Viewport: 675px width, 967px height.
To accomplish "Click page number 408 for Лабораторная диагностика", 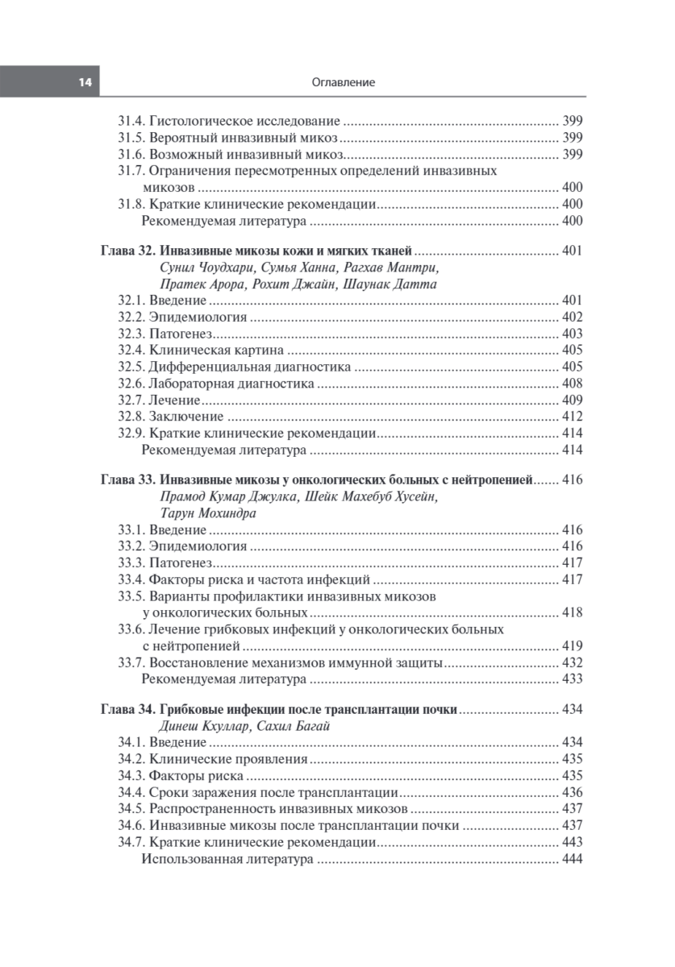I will coord(572,384).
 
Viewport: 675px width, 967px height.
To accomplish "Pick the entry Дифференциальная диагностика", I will coord(250,367).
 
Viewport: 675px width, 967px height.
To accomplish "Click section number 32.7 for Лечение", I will coord(130,400).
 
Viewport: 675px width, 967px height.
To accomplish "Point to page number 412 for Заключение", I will coord(572,417).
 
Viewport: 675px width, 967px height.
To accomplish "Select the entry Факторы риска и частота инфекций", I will coord(260,579).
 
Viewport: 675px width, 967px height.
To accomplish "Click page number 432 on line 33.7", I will coord(572,662).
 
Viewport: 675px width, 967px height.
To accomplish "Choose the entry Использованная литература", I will coord(227,859).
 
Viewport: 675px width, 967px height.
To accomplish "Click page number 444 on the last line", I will coord(572,859).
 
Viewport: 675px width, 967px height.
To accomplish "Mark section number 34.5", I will coord(130,809).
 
